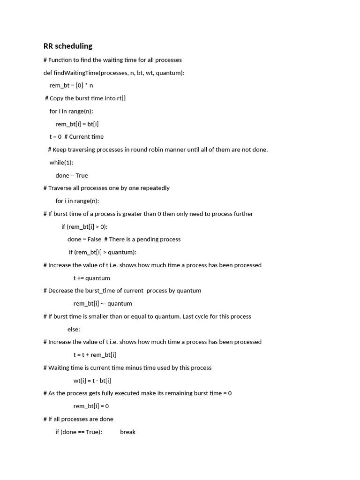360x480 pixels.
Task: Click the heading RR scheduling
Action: [x=68, y=46]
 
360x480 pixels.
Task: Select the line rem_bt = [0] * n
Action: [x=71, y=85]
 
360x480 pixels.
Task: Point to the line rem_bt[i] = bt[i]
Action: [x=77, y=124]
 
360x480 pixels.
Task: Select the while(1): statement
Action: [x=61, y=163]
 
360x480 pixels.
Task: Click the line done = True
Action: [x=72, y=175]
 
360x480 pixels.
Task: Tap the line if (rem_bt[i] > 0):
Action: [x=84, y=227]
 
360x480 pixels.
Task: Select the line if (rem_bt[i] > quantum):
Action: [x=103, y=252]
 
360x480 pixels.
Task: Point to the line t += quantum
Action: [x=92, y=278]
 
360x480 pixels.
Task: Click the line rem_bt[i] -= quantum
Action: [x=103, y=304]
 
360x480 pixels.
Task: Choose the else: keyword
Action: [x=74, y=330]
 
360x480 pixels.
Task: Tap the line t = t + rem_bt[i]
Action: [x=95, y=355]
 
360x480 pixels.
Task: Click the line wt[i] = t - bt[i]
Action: [x=92, y=381]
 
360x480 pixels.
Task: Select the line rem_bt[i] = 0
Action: [x=91, y=406]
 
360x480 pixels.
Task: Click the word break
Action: [x=127, y=432]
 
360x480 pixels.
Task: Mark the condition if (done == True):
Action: [x=79, y=432]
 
